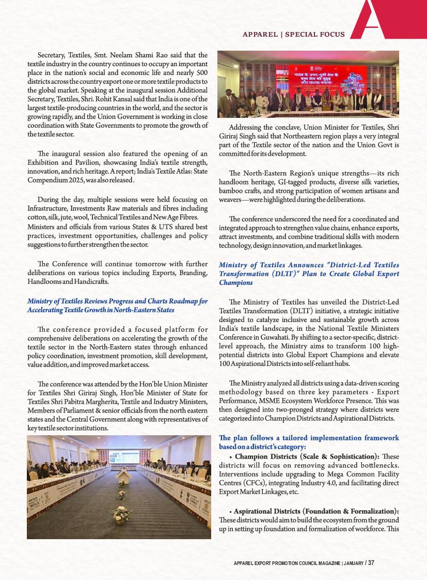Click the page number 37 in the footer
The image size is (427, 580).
click(x=371, y=563)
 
